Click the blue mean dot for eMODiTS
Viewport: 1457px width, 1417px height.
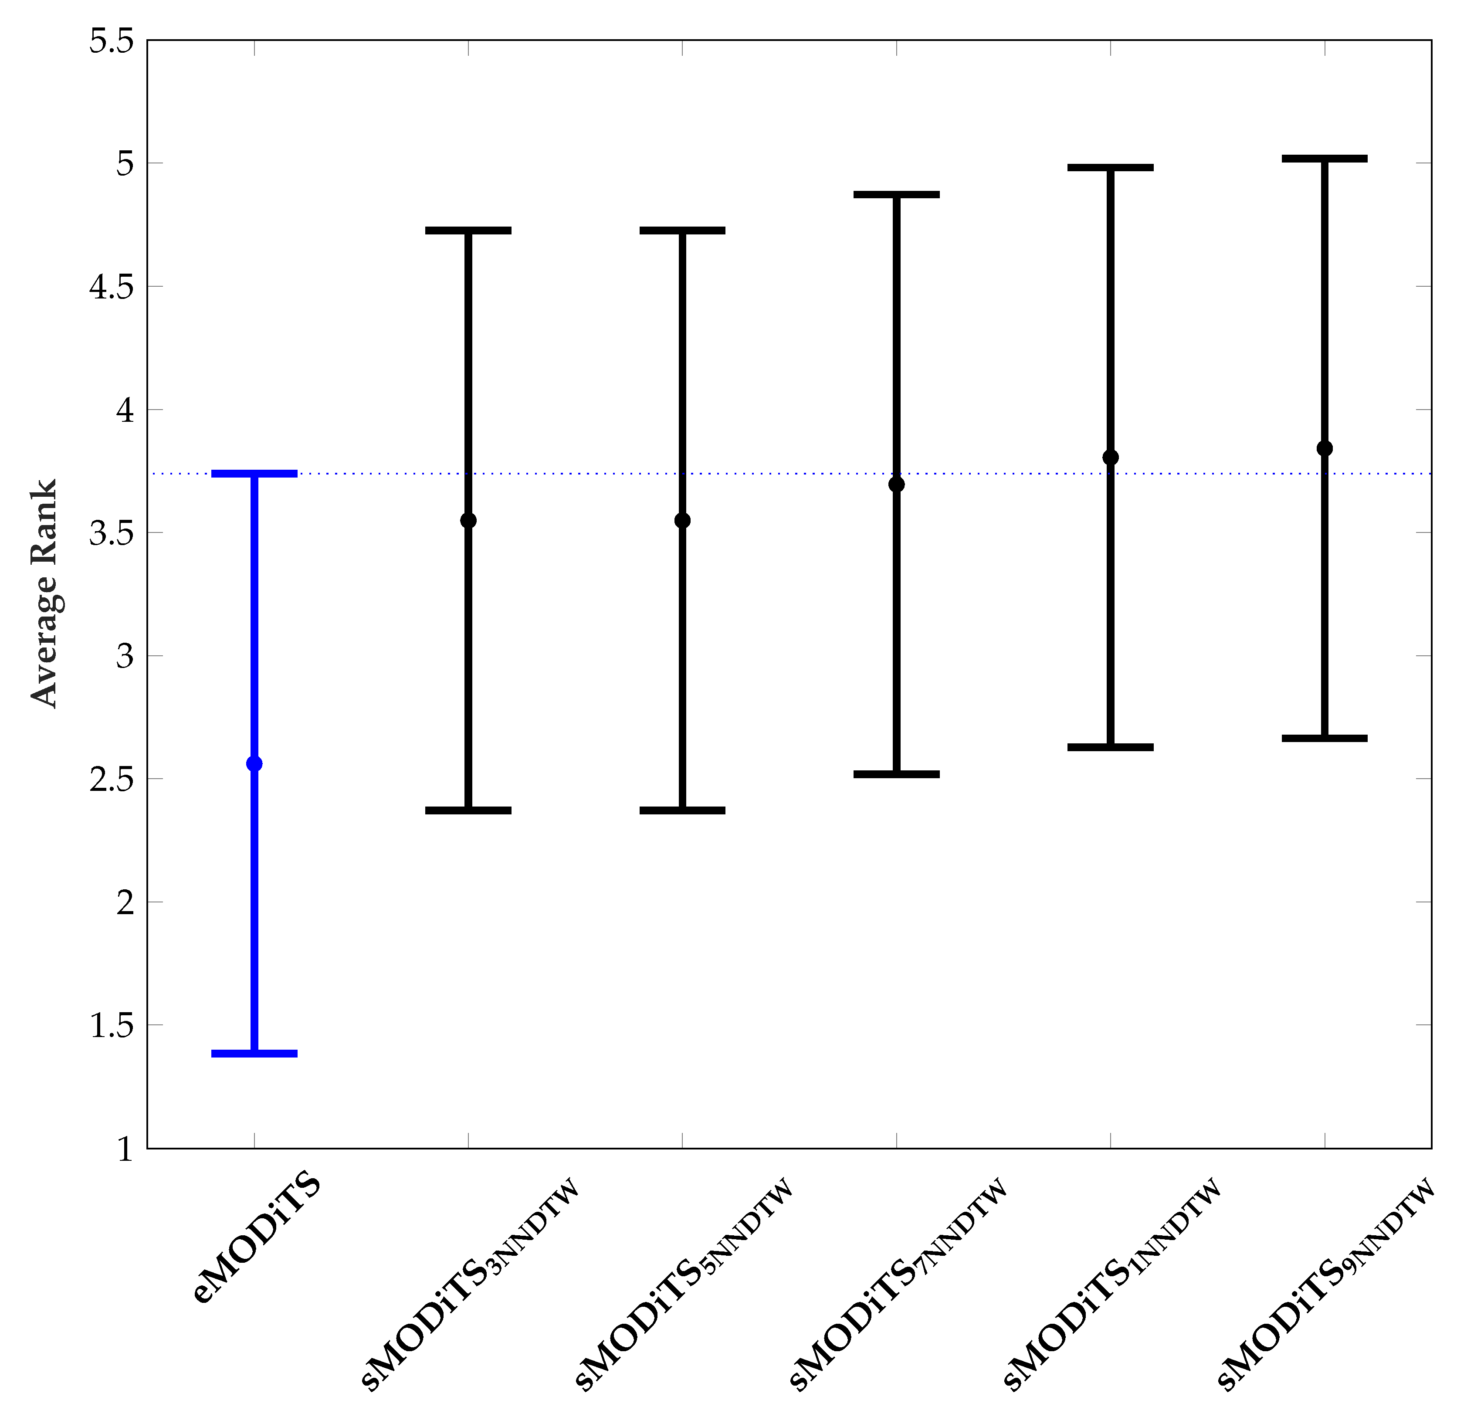(x=254, y=763)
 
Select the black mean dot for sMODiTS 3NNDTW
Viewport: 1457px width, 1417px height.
(x=468, y=520)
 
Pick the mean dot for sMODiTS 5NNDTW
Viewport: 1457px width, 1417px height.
(x=682, y=520)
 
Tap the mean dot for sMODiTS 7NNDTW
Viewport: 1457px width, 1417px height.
(x=897, y=485)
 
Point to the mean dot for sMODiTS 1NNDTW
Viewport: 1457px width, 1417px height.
(x=1110, y=457)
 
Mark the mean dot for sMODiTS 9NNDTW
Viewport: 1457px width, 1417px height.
(x=1325, y=448)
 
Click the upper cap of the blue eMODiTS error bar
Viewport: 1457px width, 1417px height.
(x=254, y=473)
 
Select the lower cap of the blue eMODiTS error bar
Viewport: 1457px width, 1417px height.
(x=254, y=1053)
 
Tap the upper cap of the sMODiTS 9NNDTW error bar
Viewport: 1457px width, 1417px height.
(x=1325, y=159)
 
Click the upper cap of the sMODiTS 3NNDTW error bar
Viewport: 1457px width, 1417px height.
(x=468, y=230)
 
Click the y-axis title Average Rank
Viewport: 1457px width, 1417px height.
(x=44, y=593)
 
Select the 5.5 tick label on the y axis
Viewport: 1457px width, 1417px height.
(x=112, y=41)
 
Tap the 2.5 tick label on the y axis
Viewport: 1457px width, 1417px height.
(x=112, y=779)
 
